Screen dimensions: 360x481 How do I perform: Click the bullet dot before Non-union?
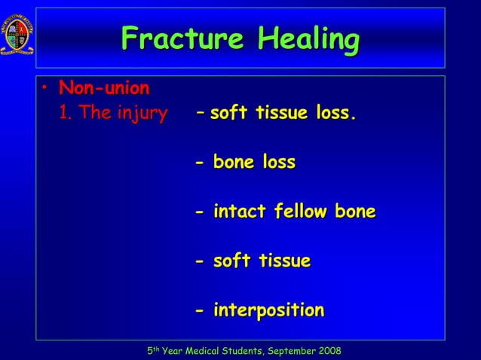point(45,90)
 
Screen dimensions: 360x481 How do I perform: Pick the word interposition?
point(269,310)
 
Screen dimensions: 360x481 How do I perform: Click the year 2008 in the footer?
point(326,351)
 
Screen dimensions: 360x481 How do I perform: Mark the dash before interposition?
point(199,311)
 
